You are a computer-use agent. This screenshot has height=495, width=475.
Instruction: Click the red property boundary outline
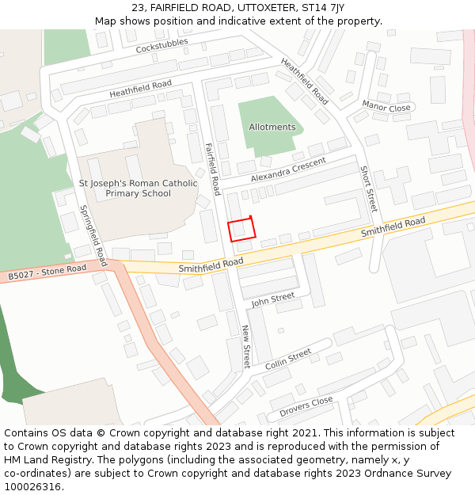(242, 229)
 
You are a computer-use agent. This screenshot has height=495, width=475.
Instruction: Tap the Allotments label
(272, 127)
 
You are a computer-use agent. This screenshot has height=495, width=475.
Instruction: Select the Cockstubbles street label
(161, 47)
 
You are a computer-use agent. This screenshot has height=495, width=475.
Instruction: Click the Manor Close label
(386, 107)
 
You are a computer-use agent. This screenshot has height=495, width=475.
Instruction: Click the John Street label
(273, 299)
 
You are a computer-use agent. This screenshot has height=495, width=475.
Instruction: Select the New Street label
(246, 346)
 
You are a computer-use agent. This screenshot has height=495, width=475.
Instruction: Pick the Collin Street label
(288, 360)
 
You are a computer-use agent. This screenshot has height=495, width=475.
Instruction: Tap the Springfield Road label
(93, 235)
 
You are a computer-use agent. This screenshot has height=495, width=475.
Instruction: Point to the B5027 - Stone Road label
(47, 272)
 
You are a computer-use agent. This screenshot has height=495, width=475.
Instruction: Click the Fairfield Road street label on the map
(212, 169)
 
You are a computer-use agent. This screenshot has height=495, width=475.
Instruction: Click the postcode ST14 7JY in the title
(326, 7)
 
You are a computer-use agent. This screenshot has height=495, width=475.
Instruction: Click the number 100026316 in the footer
(32, 486)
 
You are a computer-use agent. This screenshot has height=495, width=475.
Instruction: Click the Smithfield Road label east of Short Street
(393, 227)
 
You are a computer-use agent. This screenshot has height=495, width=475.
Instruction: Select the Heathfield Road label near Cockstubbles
(140, 89)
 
